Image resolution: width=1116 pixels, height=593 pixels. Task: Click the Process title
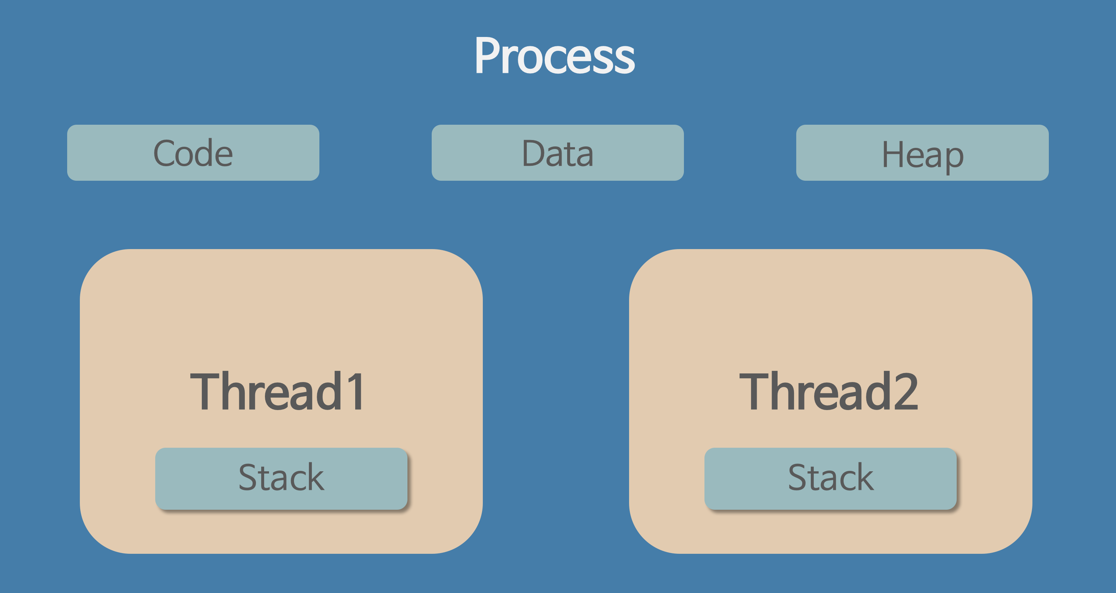[x=554, y=56]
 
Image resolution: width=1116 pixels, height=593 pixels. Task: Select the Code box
[x=193, y=153]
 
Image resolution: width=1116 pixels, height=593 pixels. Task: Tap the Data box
[x=557, y=153]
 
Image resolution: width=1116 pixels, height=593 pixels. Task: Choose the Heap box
[x=922, y=153]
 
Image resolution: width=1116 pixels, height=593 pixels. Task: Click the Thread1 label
[x=277, y=391]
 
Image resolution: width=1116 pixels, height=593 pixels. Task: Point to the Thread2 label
[x=828, y=391]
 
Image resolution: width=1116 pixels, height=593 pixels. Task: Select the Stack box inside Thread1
[x=281, y=478]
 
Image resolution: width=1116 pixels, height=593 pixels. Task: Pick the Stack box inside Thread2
[x=831, y=478]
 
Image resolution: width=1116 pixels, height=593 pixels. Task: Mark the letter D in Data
[x=533, y=153]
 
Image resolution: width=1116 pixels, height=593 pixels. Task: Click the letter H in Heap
[x=893, y=154]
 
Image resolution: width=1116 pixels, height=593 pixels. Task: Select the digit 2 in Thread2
[x=906, y=391]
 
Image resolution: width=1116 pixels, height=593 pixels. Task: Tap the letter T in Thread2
[x=754, y=391]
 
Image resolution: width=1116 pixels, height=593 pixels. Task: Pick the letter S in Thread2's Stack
[x=798, y=477]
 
